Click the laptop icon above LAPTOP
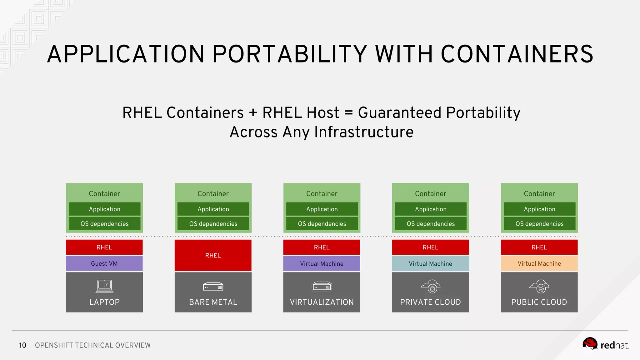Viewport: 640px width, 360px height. tap(104, 286)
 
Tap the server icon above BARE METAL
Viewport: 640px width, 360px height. tap(213, 287)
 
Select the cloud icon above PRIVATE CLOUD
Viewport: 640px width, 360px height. tap(430, 286)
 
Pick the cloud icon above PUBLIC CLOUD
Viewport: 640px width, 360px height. tap(539, 286)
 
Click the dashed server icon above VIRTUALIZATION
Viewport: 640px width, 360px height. tap(322, 287)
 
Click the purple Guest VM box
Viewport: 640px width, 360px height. tap(104, 263)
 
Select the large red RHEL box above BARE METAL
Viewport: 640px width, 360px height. tap(213, 255)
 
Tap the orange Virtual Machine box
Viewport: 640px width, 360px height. tap(539, 263)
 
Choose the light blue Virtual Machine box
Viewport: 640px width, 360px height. tap(430, 263)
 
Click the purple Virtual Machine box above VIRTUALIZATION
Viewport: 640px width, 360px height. tap(322, 263)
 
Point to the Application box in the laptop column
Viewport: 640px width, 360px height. tap(104, 209)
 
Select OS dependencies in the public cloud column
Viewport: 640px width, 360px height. tap(539, 224)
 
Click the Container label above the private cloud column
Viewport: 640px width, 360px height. tap(430, 194)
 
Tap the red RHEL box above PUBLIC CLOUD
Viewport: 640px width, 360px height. tap(539, 247)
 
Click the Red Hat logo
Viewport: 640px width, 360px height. tap(605, 345)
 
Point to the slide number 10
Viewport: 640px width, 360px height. tap(22, 345)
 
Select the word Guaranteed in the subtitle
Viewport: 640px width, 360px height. tap(399, 113)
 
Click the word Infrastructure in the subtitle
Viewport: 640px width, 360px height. tap(364, 132)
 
